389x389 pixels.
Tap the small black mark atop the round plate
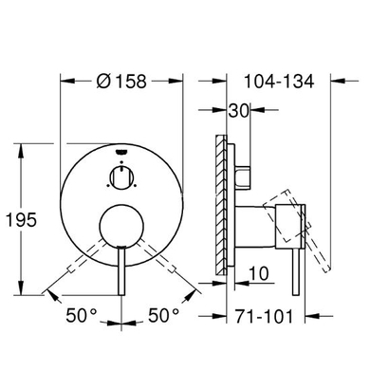coord(122,150)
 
